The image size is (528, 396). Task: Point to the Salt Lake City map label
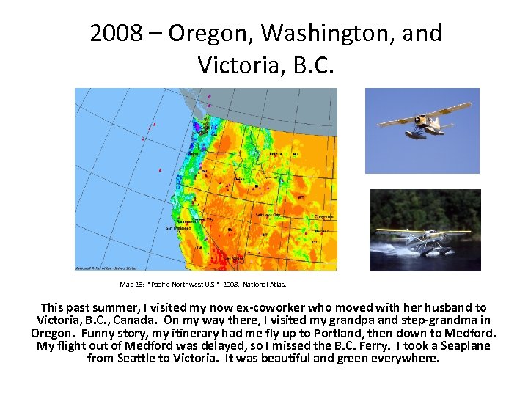(x=269, y=215)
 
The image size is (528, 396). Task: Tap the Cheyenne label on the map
(x=324, y=216)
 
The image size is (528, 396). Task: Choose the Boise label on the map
(x=240, y=178)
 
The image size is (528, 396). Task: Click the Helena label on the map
(x=275, y=154)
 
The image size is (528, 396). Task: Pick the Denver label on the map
(x=322, y=231)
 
